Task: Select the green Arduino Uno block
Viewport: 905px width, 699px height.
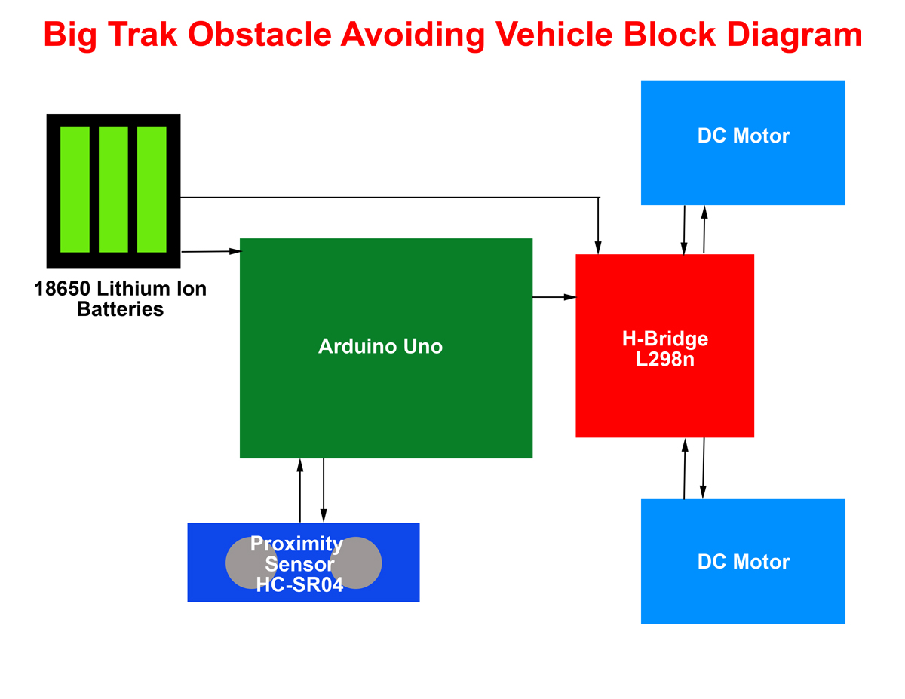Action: click(x=385, y=400)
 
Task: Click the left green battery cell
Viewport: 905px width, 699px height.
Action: click(x=75, y=189)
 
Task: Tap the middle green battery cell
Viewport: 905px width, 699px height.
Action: click(x=113, y=189)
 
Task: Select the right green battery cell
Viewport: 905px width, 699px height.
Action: click(x=152, y=189)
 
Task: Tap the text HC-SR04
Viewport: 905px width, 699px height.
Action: click(x=299, y=584)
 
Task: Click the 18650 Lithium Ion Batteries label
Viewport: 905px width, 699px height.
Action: click(x=120, y=299)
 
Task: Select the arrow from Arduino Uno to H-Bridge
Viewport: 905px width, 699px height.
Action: click(x=554, y=297)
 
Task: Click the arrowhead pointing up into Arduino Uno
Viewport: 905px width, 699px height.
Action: click(x=300, y=464)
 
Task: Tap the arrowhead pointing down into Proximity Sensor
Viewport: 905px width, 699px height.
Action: click(x=324, y=517)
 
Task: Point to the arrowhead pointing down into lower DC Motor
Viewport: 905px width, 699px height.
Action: click(x=703, y=492)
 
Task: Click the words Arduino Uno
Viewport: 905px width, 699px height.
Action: click(x=380, y=346)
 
